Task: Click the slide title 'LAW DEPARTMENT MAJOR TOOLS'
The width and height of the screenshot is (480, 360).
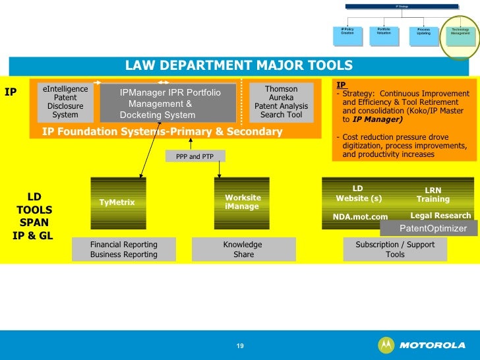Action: [239, 66]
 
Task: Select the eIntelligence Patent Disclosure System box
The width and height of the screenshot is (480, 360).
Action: [65, 102]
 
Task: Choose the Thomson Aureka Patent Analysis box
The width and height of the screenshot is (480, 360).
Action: [281, 102]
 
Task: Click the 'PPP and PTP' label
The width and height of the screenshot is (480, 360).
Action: [195, 156]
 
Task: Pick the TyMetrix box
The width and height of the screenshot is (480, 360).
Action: [117, 202]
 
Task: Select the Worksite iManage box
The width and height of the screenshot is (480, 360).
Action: [243, 202]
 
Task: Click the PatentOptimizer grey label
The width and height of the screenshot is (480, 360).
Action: [433, 228]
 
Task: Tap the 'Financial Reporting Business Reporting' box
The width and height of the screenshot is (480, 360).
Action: [124, 249]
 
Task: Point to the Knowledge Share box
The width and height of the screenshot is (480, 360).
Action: [243, 249]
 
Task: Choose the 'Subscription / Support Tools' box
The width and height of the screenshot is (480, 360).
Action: [395, 249]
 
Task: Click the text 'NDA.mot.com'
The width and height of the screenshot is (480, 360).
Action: [360, 216]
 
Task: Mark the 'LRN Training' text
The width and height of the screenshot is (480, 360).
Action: [433, 195]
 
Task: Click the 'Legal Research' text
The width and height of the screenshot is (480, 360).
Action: [440, 216]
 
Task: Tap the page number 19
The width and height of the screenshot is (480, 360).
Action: [240, 345]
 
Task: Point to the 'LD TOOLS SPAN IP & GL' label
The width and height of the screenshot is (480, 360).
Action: [33, 216]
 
